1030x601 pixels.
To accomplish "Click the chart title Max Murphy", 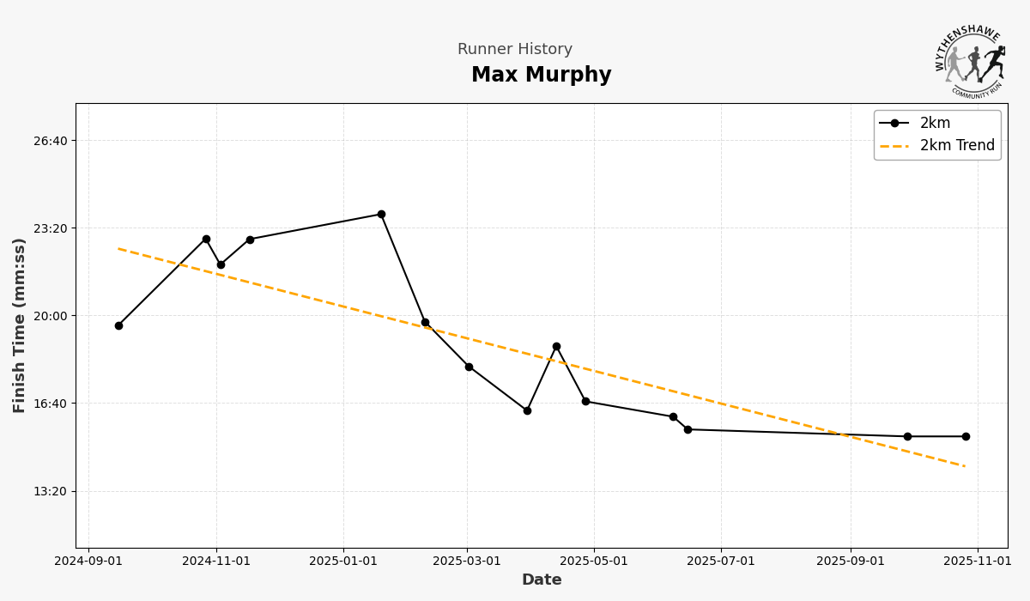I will point(541,76).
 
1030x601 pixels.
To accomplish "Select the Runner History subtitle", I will point(514,50).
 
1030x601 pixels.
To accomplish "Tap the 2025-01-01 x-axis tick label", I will point(343,562).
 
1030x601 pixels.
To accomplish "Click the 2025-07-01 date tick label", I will point(721,562).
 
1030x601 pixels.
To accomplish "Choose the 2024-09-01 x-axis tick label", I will point(88,562).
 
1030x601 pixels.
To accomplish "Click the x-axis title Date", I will point(542,580).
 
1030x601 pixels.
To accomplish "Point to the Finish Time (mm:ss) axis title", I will point(20,325).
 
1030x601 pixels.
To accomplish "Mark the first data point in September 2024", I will point(118,325).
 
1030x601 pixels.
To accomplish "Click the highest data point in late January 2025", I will point(381,214).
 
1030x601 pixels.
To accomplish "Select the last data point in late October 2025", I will point(966,436).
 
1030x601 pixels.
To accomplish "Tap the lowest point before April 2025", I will point(527,410).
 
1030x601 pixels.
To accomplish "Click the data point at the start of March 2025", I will point(469,367).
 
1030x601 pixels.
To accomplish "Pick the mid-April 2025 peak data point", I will point(556,346).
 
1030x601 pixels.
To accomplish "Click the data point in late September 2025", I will point(907,436).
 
